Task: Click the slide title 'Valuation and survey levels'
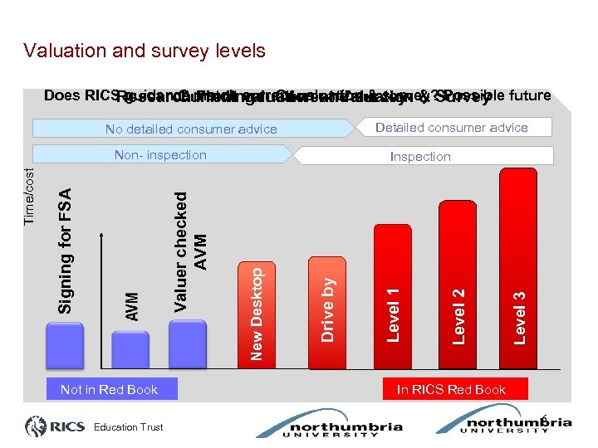coord(145,51)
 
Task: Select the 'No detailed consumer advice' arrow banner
coord(191,129)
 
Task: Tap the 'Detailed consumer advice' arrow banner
coord(451,127)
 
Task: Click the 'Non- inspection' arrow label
coord(160,155)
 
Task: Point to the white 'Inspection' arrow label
coord(420,156)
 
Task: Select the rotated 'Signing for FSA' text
coord(66,249)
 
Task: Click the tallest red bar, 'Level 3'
coord(518,265)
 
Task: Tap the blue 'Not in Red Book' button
coord(109,389)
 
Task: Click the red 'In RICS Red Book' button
coord(451,389)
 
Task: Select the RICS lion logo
coord(37,427)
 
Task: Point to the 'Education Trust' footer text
coord(128,428)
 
